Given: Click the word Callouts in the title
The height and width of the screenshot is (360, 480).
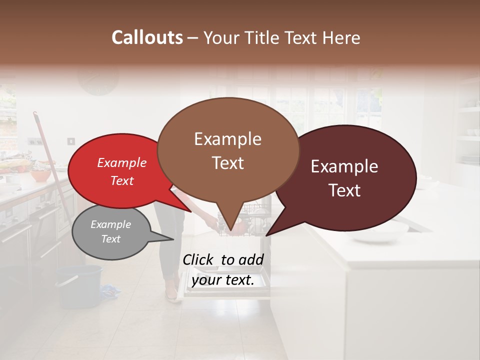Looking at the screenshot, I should pyautogui.click(x=147, y=37).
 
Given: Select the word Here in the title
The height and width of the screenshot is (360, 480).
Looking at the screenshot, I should pyautogui.click(x=341, y=37).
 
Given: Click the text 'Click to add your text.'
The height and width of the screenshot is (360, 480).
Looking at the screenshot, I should pyautogui.click(x=223, y=269).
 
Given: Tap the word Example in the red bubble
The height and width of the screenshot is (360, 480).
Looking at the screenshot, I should pyautogui.click(x=121, y=162).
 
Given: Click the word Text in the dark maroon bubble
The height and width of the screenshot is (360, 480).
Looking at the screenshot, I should pyautogui.click(x=345, y=190).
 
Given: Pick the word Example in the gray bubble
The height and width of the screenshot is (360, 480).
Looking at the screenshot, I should pyautogui.click(x=110, y=224).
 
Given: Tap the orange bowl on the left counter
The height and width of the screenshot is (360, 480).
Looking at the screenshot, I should pyautogui.click(x=40, y=176).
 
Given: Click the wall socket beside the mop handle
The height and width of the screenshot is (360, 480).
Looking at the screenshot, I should pyautogui.click(x=71, y=141).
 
